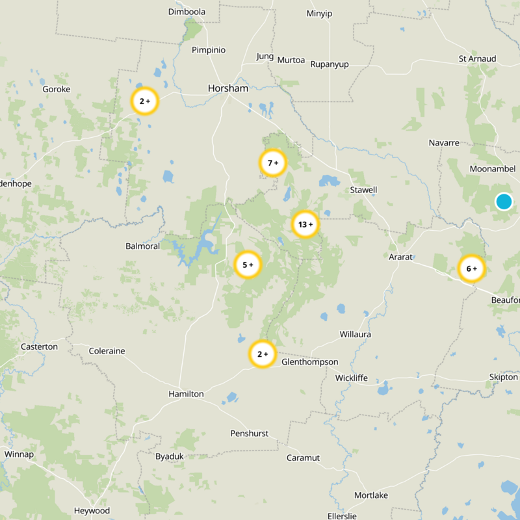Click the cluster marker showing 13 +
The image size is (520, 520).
point(305,225)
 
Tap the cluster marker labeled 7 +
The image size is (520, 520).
point(273,163)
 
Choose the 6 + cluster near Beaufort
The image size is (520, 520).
point(472,268)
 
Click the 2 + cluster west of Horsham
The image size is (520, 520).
point(145,101)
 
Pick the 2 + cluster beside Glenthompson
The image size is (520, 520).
point(263,355)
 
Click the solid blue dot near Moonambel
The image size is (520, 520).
point(504,201)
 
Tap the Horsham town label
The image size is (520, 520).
point(228,88)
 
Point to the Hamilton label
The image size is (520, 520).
point(186,394)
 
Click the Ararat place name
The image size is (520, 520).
point(400,257)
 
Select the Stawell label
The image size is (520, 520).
point(363,190)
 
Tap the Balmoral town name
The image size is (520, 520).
point(142,246)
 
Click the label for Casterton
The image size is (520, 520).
point(39,346)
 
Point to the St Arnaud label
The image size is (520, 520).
point(477,58)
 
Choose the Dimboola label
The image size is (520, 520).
point(187,12)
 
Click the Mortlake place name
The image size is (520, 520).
point(371,495)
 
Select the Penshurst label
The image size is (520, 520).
point(249,434)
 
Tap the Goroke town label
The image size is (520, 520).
point(56,89)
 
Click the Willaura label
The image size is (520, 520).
point(356,334)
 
